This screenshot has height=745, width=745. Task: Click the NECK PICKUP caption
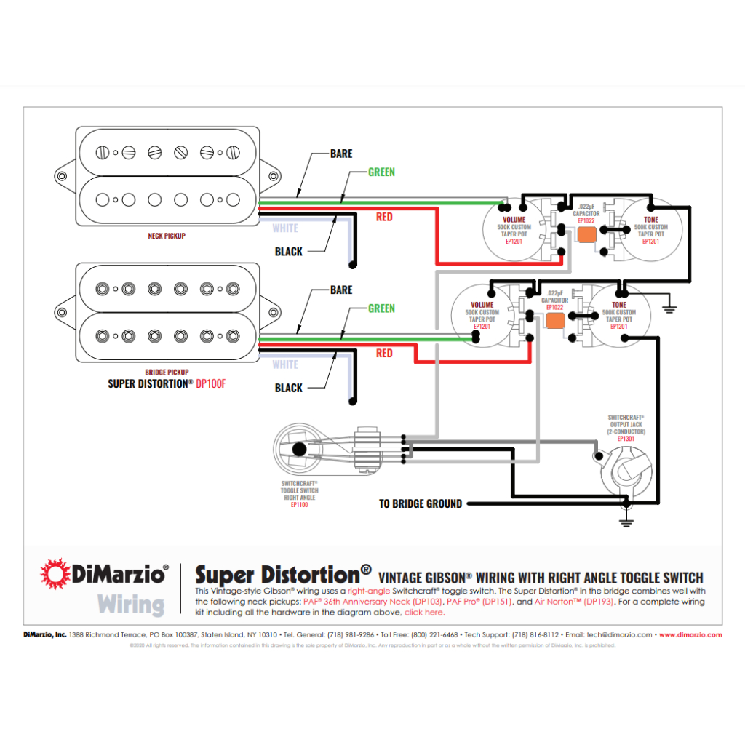[x=167, y=236]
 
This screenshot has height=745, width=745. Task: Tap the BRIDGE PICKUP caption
[x=167, y=372]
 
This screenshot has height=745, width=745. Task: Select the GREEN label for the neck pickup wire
[x=381, y=172]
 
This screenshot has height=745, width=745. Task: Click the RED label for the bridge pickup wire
[x=384, y=354]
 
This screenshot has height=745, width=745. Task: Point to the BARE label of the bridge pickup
[x=341, y=290]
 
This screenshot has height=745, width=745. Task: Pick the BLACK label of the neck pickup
[x=289, y=252]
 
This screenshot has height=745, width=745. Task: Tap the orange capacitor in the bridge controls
[x=555, y=319]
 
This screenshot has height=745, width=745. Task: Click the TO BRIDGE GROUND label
[x=421, y=503]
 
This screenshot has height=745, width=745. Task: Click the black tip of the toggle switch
[x=298, y=448]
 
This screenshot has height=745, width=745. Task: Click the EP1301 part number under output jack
[x=626, y=439]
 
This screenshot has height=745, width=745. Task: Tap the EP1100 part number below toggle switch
[x=300, y=504]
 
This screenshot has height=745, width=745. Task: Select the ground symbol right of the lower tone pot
[x=669, y=308]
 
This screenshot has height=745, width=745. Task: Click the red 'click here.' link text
[x=424, y=613]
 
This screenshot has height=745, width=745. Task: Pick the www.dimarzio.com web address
[x=690, y=634]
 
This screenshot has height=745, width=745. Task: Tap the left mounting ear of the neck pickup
[x=62, y=175]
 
